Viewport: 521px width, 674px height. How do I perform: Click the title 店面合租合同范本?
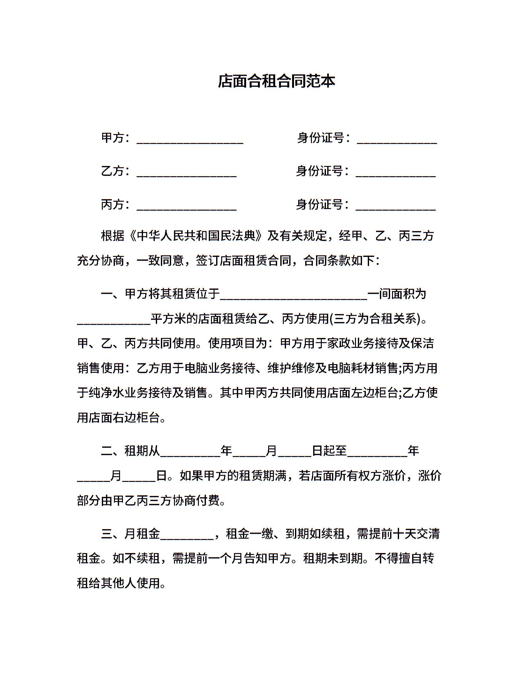coord(276,81)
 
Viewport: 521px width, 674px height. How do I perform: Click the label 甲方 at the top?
coord(113,138)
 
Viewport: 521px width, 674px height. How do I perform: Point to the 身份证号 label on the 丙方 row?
coord(320,205)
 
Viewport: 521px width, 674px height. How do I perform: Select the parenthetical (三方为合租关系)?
coord(375,318)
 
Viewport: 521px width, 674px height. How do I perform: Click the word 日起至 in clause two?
coord(329,451)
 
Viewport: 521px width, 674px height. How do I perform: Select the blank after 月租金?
coord(187,536)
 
